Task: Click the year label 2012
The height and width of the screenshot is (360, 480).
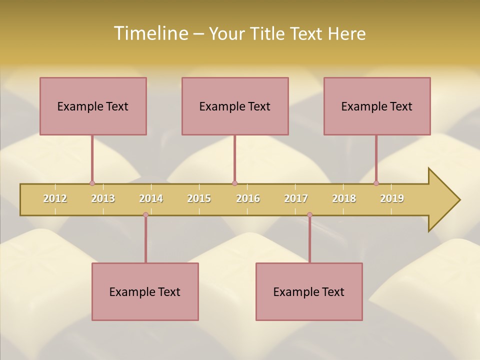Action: (x=55, y=198)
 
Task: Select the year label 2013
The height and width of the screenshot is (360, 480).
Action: (x=103, y=198)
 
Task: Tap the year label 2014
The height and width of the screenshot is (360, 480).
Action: (x=151, y=198)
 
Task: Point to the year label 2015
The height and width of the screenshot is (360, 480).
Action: (x=199, y=198)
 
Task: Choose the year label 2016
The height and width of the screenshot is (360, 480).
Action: (x=248, y=198)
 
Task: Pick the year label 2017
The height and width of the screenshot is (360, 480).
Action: (x=296, y=198)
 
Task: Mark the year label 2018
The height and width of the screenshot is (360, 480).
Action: (x=344, y=198)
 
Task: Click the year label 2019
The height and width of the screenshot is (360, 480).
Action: (x=392, y=198)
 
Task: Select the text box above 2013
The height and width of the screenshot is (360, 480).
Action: (x=93, y=106)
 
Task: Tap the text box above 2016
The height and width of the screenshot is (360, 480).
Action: (x=235, y=106)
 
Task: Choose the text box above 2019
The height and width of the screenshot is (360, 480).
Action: (x=377, y=106)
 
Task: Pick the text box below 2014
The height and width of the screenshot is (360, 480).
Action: (x=145, y=291)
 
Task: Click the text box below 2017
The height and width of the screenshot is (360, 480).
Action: (x=309, y=291)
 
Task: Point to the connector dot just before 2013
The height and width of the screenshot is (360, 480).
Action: (x=92, y=183)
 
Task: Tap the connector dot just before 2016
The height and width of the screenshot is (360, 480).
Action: (x=234, y=183)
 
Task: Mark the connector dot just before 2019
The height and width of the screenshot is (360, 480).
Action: (x=376, y=183)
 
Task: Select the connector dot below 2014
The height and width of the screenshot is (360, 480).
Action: (x=145, y=214)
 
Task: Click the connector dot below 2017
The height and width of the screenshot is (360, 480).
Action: (x=309, y=214)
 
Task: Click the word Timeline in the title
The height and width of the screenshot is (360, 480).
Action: (x=150, y=33)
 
